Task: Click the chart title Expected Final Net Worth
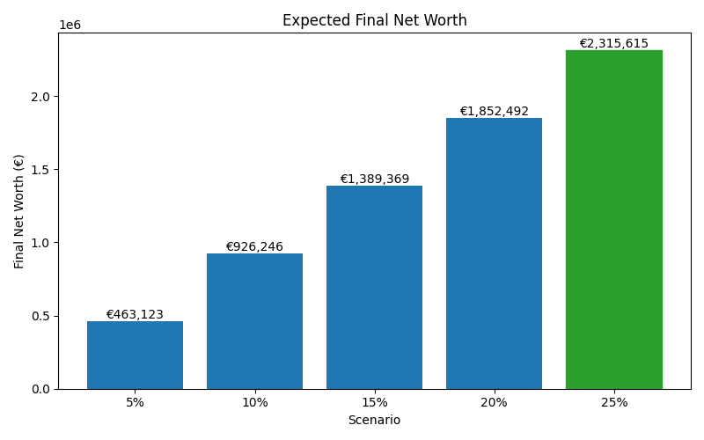click(374, 20)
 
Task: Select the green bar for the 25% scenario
click(613, 220)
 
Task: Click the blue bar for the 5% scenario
click(135, 356)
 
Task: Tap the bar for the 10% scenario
click(254, 321)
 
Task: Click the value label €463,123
click(135, 315)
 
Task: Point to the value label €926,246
click(254, 247)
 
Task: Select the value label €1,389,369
click(374, 180)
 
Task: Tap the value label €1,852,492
click(494, 112)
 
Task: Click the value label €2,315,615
click(613, 44)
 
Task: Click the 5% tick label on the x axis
click(135, 402)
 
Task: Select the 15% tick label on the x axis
click(374, 402)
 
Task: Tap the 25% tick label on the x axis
click(613, 402)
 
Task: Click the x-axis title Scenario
click(374, 421)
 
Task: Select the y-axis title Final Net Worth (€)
click(19, 211)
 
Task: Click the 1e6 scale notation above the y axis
click(70, 26)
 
